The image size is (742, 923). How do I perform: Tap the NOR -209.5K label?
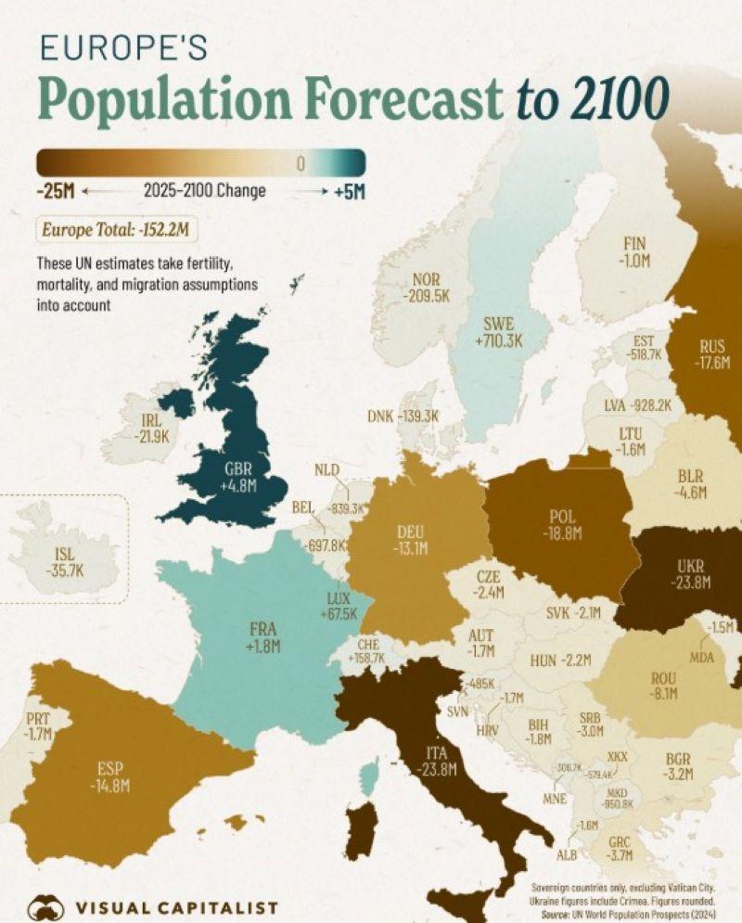[x=427, y=287]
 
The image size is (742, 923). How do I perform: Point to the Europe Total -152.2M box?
[x=117, y=228]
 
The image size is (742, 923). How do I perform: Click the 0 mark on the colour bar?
[x=300, y=164]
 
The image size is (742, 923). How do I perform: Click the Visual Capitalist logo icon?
[x=45, y=906]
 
